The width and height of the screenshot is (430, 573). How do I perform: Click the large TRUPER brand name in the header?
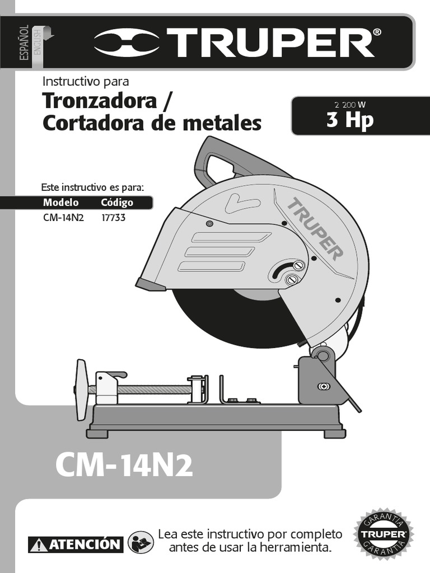tap(274, 43)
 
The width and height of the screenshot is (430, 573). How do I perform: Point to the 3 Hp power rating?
tap(350, 120)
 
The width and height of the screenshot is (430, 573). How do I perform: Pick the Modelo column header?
tap(60, 203)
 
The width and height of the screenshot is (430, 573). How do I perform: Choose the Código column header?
tap(117, 203)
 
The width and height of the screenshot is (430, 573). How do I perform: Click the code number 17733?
tap(113, 218)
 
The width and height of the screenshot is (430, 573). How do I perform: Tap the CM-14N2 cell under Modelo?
tap(63, 218)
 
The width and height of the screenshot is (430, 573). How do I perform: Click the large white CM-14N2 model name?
tap(124, 466)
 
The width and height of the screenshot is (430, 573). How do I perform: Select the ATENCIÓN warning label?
tap(76, 544)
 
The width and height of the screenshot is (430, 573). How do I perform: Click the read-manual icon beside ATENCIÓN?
tap(141, 542)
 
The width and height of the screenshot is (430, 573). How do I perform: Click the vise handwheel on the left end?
tap(81, 389)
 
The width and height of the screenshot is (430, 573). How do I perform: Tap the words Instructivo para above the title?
tap(86, 82)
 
